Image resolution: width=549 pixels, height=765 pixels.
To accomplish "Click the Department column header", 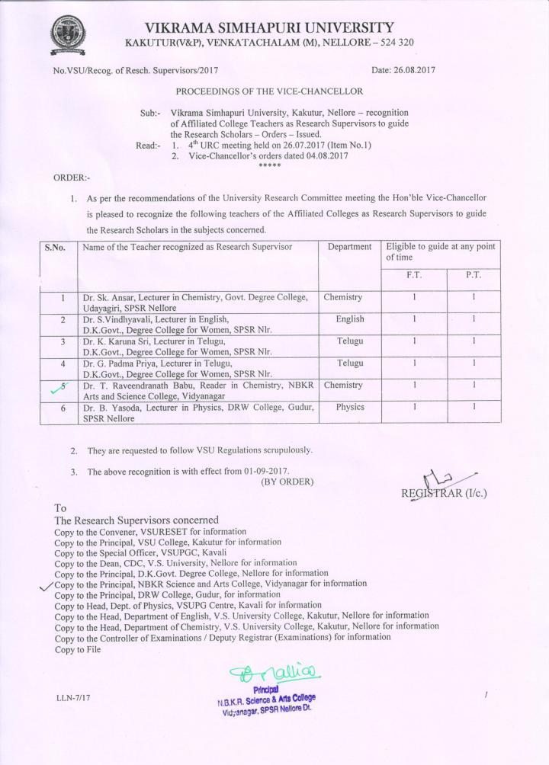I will [x=349, y=247].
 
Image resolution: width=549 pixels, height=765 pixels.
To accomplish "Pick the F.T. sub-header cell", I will [x=413, y=275].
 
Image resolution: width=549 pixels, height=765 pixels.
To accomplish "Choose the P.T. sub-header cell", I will [x=472, y=275].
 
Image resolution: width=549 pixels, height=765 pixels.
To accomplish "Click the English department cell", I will [x=350, y=319].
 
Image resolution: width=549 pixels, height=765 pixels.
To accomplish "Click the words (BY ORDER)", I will [x=287, y=482].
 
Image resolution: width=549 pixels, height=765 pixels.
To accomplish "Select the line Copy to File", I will [x=78, y=649].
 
